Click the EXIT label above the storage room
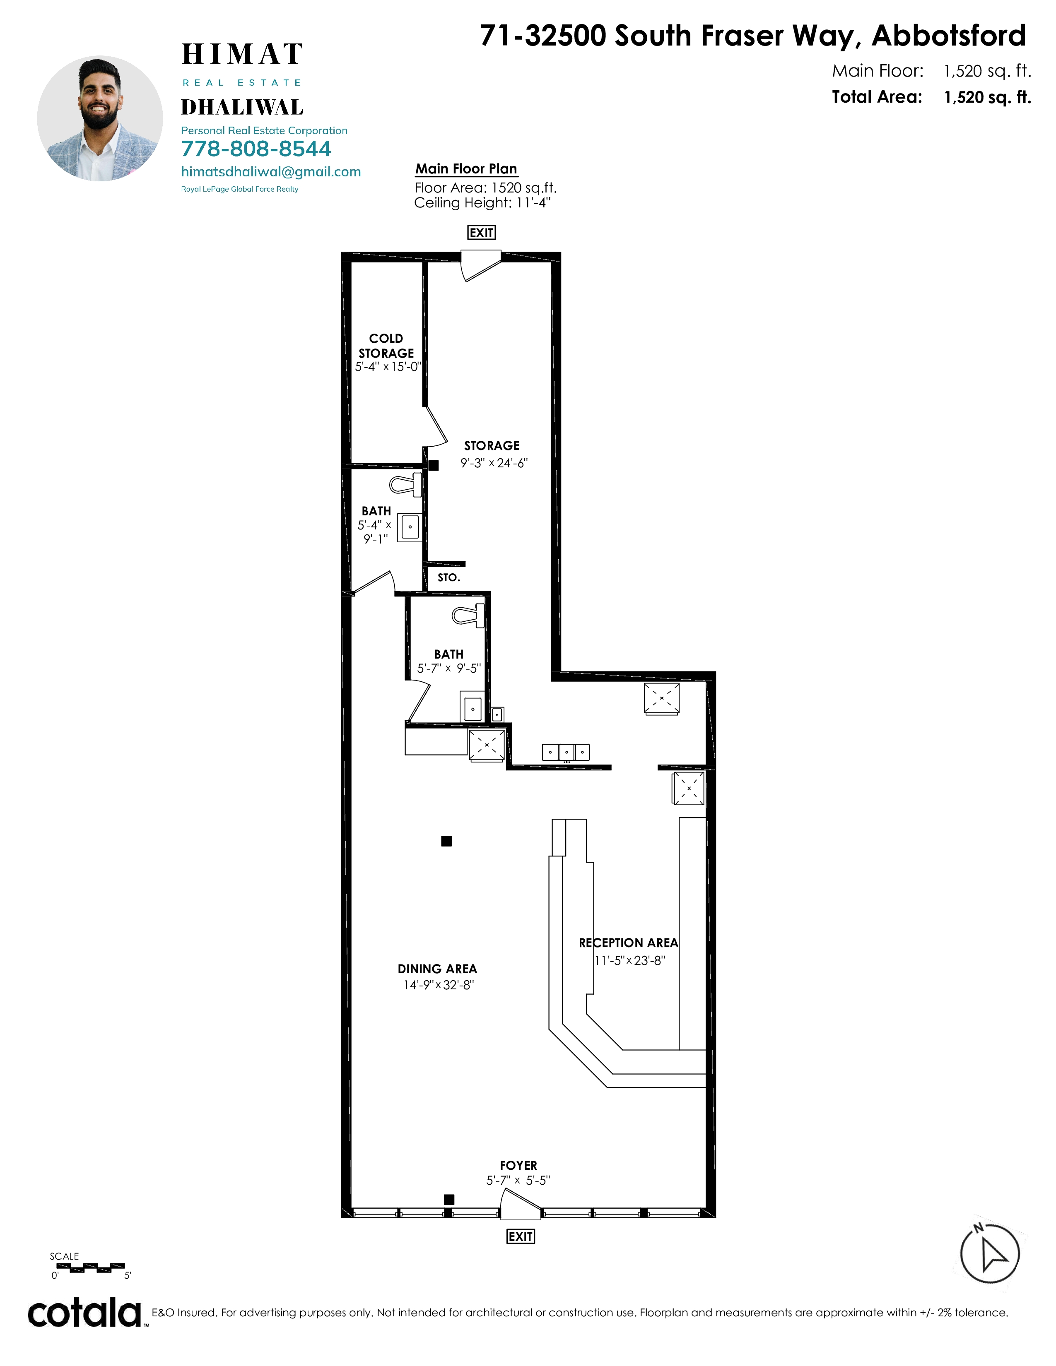(x=481, y=233)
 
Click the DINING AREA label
(x=437, y=969)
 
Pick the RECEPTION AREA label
(x=628, y=943)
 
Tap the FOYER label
(x=518, y=1165)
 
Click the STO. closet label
(x=448, y=577)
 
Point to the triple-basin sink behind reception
(x=566, y=752)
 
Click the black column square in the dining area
(x=446, y=841)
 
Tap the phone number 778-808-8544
(x=256, y=149)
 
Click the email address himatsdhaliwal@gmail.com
(x=271, y=172)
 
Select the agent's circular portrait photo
(x=100, y=118)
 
